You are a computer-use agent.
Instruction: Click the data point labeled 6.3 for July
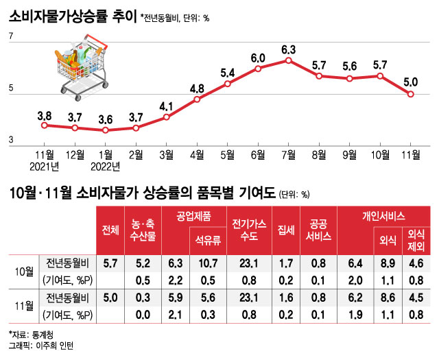288,60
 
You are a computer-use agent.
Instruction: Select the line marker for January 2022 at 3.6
106,130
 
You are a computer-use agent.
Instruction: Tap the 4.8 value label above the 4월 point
197,88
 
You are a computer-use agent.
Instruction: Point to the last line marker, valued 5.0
411,94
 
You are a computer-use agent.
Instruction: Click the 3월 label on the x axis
166,154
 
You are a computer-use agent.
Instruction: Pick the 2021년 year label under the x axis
45,165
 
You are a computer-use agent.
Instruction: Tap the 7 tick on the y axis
11,45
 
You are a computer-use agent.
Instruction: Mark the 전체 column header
110,230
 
